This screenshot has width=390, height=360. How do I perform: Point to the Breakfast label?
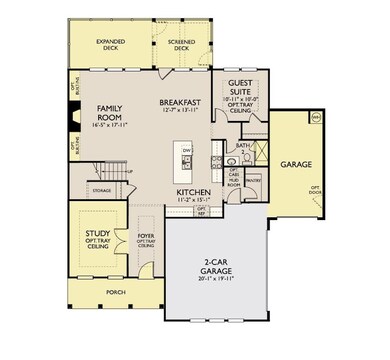click(181, 102)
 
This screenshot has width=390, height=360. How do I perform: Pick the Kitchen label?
click(191, 191)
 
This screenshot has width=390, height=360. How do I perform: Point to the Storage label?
click(102, 187)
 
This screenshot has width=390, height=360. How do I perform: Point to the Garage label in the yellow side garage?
click(295, 163)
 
